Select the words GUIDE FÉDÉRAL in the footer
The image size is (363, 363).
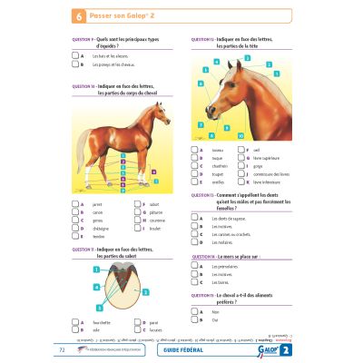183,348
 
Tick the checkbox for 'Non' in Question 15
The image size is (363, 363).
196,310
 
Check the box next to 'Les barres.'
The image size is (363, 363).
196,282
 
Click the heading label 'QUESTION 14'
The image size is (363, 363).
204,257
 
